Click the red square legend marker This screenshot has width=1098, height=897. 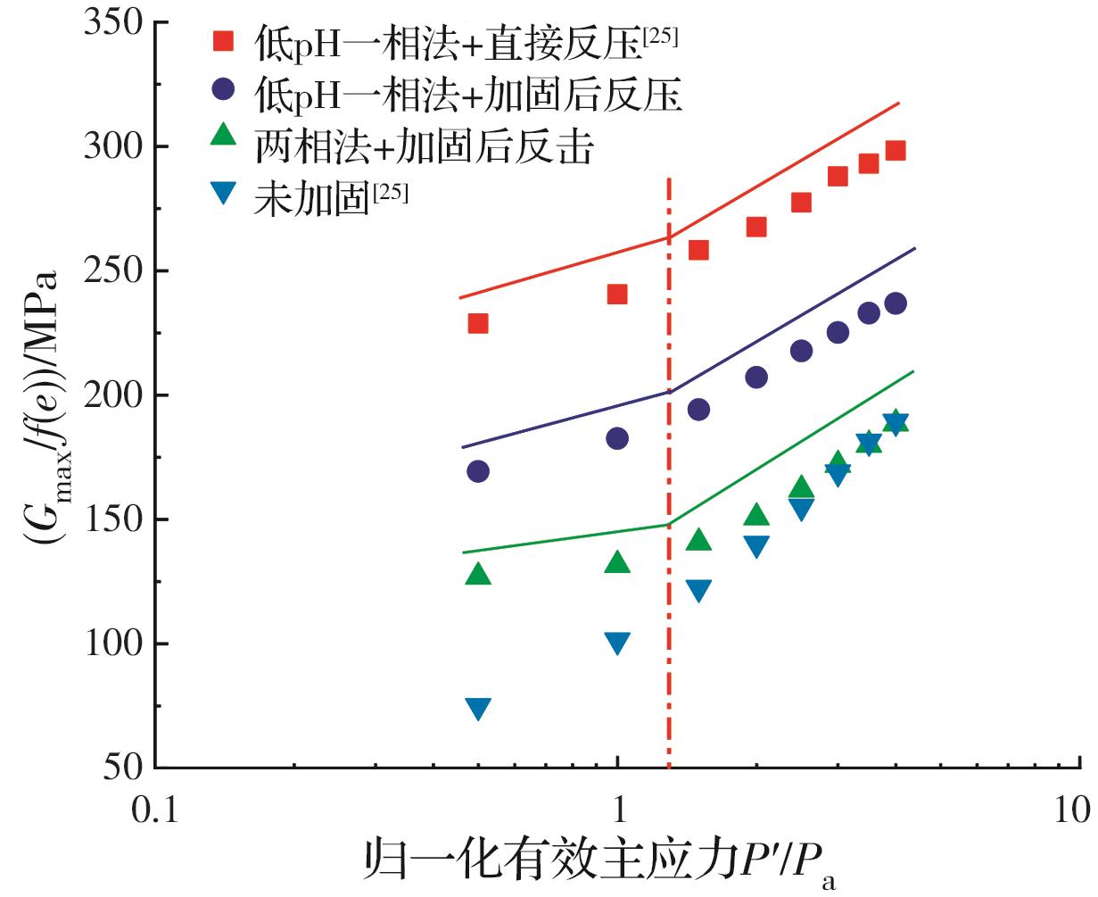[x=223, y=41]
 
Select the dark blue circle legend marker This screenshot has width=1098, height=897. [x=223, y=89]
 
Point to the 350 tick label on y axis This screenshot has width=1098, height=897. [x=114, y=22]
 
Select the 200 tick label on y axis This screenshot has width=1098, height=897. [x=114, y=395]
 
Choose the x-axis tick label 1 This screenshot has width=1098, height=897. [x=618, y=810]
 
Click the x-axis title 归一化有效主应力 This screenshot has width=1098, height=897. [x=549, y=861]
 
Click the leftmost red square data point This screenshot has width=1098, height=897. [x=478, y=323]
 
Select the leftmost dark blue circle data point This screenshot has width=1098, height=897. [x=478, y=471]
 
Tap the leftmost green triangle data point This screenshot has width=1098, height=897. [x=478, y=574]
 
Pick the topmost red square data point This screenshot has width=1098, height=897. [x=896, y=150]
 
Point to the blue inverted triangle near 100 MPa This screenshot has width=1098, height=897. [x=617, y=643]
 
